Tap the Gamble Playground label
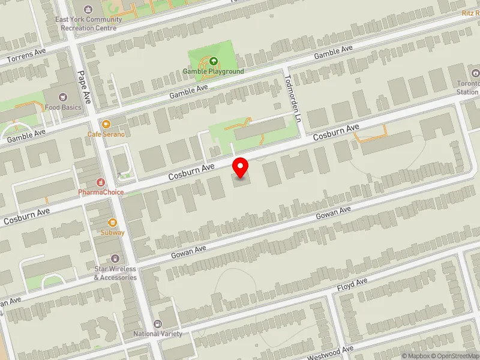point(214,71)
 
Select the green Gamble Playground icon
point(213,61)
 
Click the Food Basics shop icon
point(62,97)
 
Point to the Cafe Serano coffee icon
point(106,124)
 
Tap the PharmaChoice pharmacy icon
point(101,182)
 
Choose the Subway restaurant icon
point(112,222)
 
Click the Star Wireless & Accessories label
point(115,273)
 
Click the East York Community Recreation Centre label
point(88,23)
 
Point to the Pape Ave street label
point(83,87)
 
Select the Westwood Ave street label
point(331,353)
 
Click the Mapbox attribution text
point(414,356)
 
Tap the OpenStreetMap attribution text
point(457,356)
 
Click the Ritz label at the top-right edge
point(470,13)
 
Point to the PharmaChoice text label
point(101,193)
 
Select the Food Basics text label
point(62,107)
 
